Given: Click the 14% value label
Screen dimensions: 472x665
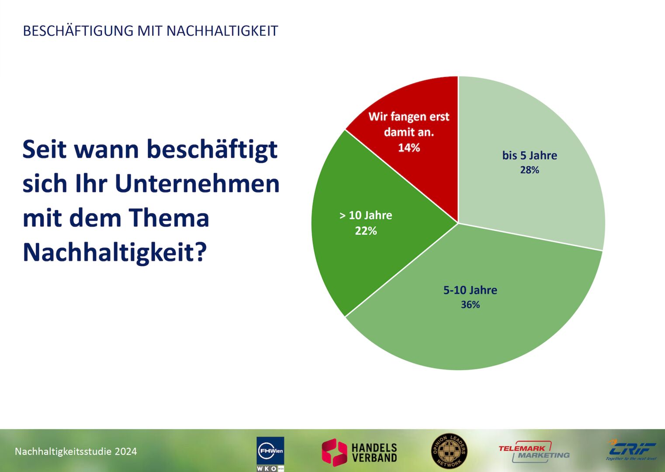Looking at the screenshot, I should (409, 148).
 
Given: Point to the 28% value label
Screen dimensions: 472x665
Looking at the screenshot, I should (530, 170).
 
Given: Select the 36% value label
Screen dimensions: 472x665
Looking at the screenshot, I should (470, 305).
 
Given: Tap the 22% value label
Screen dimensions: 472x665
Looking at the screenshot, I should (366, 231).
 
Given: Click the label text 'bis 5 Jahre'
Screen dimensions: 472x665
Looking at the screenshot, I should (530, 156).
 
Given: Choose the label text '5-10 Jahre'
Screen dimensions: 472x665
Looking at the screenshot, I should (470, 290).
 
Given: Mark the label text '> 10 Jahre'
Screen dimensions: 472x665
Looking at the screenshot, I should (366, 215).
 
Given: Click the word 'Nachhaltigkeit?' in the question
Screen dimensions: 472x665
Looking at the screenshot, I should (114, 252).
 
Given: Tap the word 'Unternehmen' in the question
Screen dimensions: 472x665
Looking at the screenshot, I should (197, 183).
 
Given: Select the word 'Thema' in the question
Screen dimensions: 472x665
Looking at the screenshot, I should (169, 218).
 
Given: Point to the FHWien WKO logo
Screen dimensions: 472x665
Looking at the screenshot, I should (270, 453).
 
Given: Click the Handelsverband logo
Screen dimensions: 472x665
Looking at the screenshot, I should (360, 452).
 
